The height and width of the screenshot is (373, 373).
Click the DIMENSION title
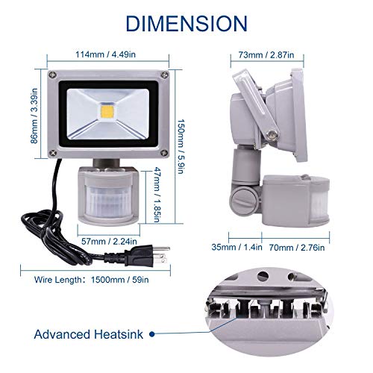[186, 23]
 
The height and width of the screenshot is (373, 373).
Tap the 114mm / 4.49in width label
[106, 54]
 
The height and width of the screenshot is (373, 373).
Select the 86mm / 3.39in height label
[34, 116]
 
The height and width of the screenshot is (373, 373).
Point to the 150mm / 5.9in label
[181, 147]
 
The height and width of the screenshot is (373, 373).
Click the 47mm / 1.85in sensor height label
[156, 195]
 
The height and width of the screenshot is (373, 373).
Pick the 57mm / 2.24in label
[109, 241]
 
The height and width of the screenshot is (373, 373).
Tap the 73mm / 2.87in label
[266, 54]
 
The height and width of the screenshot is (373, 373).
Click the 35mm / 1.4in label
[236, 247]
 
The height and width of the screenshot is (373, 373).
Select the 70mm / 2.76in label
[297, 248]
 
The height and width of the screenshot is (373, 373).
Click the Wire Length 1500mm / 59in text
[92, 280]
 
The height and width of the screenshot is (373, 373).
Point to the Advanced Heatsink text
[89, 334]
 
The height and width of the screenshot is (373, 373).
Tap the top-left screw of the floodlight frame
[52, 75]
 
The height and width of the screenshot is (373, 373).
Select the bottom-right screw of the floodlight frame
[163, 153]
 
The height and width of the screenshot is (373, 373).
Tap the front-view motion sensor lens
[108, 199]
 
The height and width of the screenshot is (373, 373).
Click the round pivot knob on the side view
[242, 199]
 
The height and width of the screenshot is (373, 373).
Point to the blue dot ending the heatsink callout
[152, 334]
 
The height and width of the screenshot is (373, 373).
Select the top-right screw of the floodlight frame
[163, 75]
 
